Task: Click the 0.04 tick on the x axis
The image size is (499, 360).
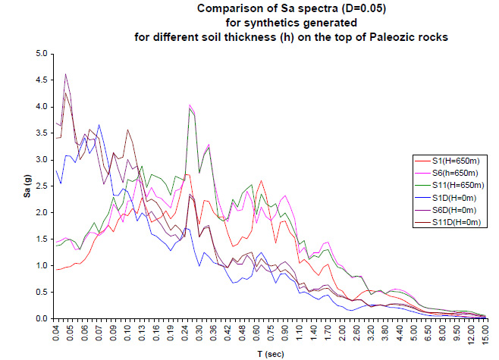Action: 57,333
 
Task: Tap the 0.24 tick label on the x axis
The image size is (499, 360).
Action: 189,333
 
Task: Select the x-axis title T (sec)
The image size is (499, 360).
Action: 270,352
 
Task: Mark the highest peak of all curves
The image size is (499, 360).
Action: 66,74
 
